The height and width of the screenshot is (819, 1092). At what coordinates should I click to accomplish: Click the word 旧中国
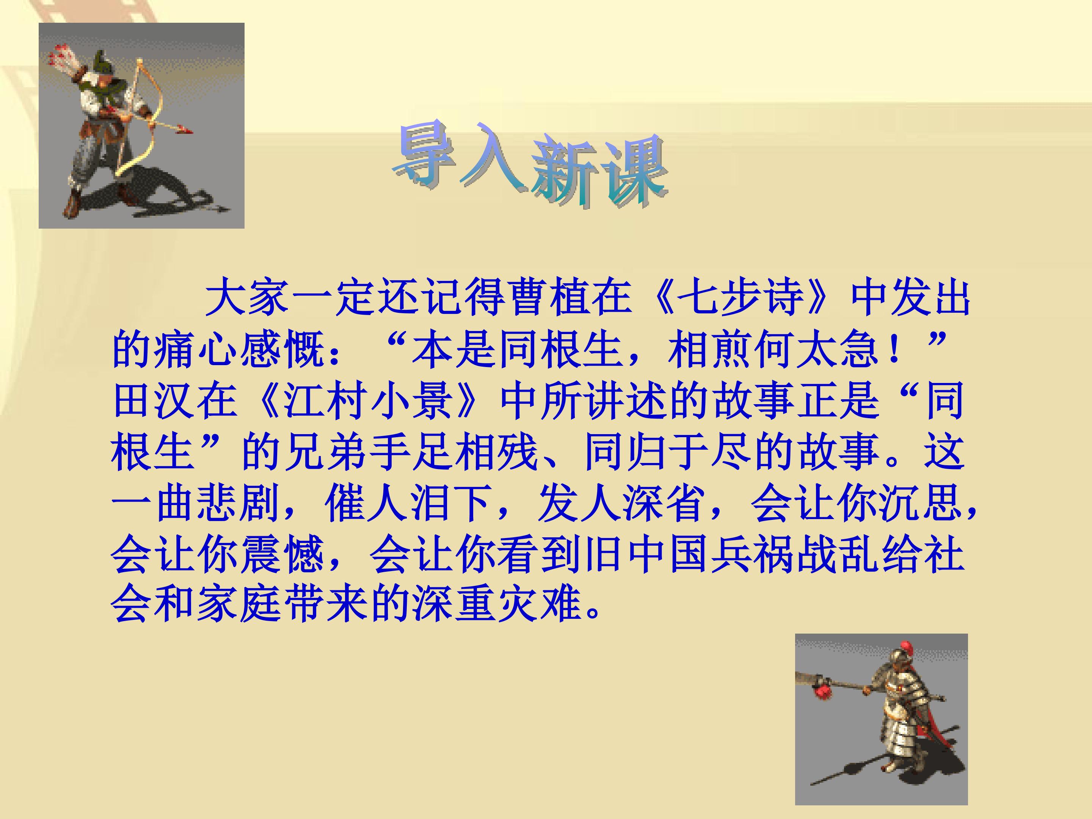point(647,555)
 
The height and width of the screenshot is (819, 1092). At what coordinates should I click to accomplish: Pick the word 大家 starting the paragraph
point(247,300)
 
